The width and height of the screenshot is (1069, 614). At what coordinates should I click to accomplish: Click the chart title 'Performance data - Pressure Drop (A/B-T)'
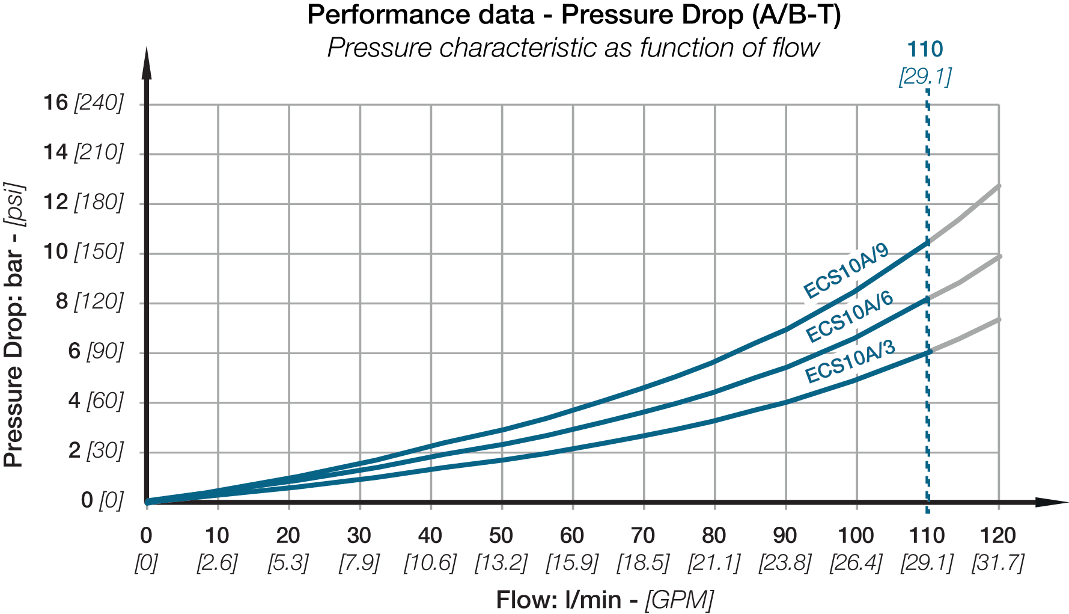click(x=573, y=15)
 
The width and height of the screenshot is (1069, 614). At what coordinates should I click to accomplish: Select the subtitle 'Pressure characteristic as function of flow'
click(x=573, y=48)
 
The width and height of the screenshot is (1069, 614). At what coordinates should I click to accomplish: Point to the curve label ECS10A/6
click(x=850, y=316)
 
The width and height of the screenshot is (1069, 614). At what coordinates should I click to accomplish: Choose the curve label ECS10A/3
click(x=850, y=361)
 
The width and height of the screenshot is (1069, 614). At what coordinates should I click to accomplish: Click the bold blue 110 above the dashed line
click(x=925, y=49)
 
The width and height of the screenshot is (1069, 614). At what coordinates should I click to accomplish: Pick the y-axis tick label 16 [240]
click(x=83, y=103)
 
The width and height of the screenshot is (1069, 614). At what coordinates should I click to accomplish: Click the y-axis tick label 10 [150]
click(x=83, y=251)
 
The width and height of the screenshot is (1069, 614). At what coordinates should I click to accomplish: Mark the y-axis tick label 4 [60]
click(x=96, y=401)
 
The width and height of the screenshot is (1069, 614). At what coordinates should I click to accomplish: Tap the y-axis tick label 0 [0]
click(x=102, y=500)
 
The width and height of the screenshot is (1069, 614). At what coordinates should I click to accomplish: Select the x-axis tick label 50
click(x=501, y=535)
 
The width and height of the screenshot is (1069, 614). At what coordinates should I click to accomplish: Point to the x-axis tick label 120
click(x=997, y=535)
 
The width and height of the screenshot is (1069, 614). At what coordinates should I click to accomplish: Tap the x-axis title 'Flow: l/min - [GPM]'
click(x=605, y=600)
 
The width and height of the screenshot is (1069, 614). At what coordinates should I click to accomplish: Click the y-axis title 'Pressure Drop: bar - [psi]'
click(x=14, y=325)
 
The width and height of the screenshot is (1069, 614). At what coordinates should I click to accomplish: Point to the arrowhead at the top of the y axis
click(x=147, y=63)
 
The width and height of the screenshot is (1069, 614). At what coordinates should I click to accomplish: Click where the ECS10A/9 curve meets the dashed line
click(x=927, y=242)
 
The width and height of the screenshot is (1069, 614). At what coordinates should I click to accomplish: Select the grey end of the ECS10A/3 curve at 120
click(x=997, y=320)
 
